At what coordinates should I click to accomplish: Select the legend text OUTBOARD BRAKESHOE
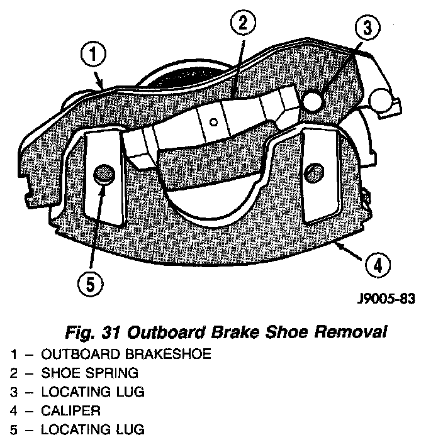126,354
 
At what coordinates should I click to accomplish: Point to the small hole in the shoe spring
214,122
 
